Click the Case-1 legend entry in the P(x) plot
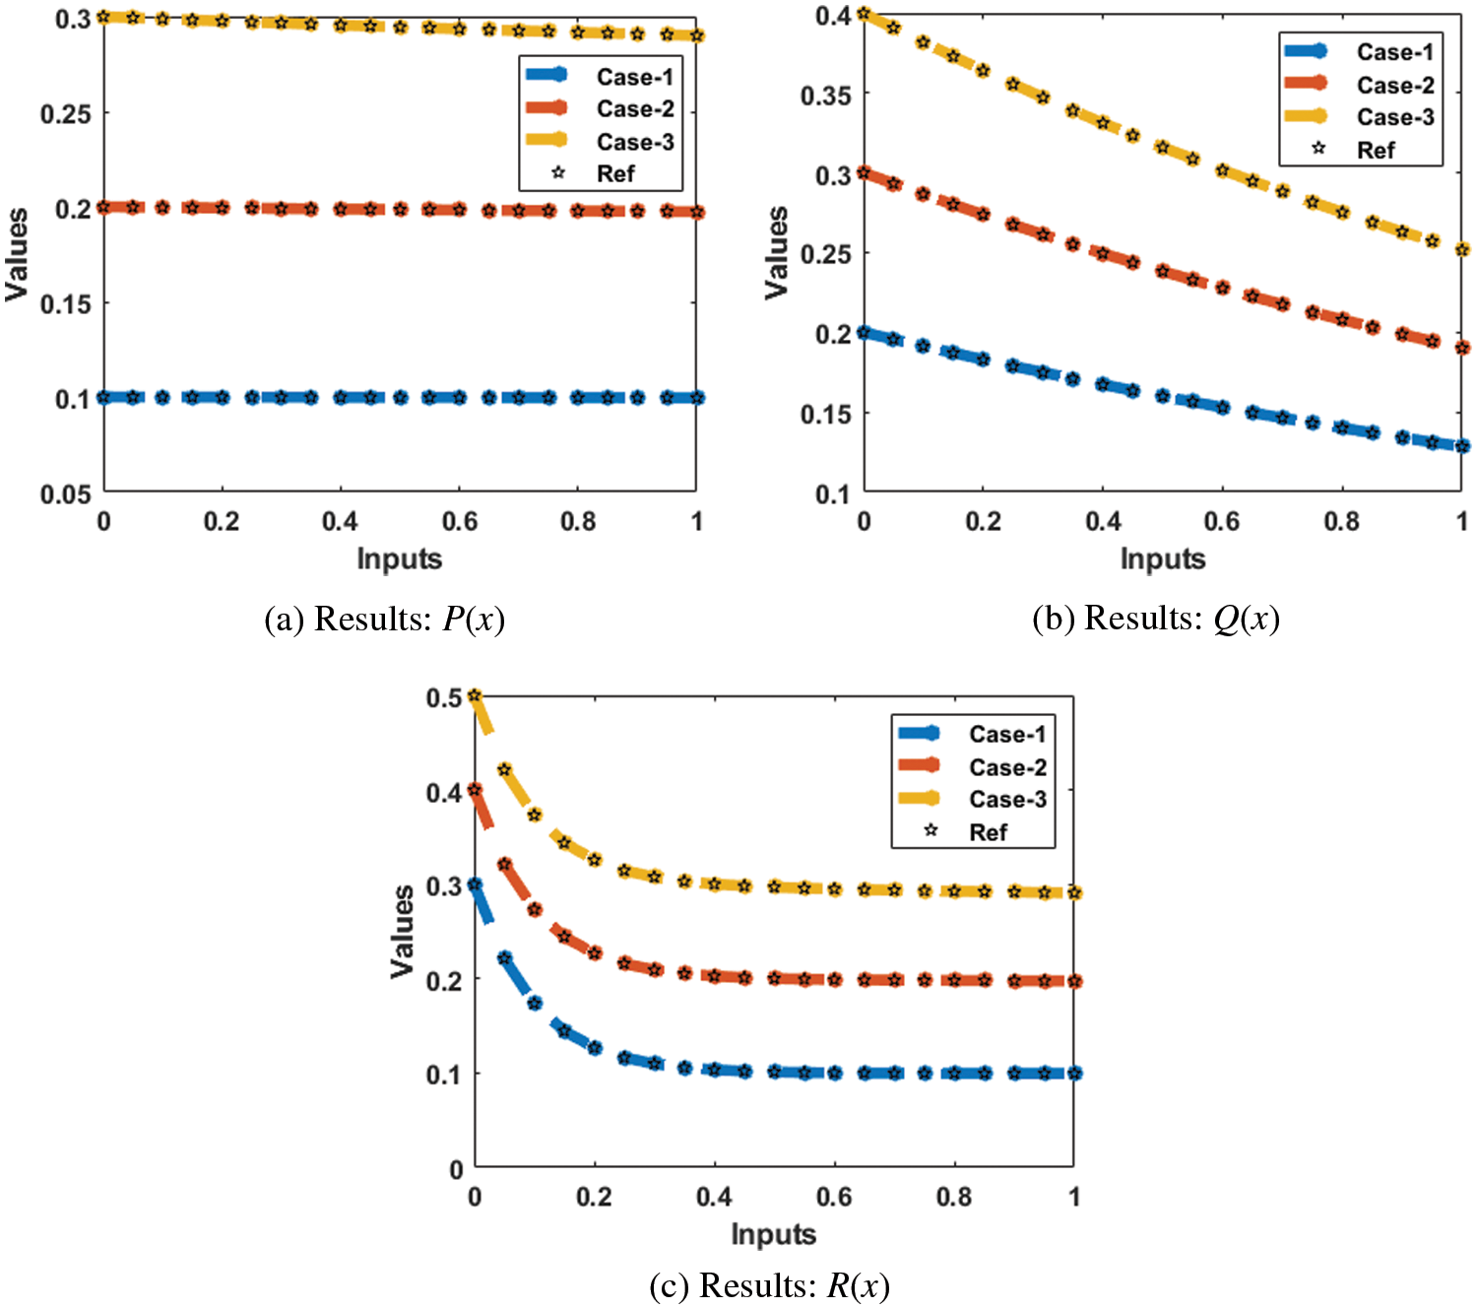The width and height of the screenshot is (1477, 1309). pos(634,77)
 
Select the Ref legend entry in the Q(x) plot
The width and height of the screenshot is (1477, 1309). pos(1375,150)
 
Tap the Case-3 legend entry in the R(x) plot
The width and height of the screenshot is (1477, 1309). pos(1006,799)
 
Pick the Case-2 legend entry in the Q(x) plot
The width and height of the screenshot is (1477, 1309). pos(1394,85)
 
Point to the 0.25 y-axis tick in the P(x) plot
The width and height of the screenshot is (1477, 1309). pos(65,114)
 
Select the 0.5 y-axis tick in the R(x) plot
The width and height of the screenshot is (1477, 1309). pos(443,697)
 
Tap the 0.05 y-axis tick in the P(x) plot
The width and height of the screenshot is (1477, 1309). pos(65,494)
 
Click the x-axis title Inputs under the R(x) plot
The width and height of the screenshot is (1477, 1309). pos(773,1233)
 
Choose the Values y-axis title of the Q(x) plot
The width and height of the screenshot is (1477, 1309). pos(777,252)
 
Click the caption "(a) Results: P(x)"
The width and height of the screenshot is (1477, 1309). pos(384,620)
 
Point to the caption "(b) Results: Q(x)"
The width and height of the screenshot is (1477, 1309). pos(1155,619)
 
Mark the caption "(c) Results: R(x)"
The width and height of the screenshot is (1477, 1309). pos(769,1285)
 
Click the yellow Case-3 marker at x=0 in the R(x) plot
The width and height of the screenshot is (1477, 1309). pos(475,696)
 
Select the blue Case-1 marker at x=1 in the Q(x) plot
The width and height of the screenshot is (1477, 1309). pos(1462,446)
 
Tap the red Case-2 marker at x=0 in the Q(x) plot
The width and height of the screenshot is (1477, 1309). pos(864,173)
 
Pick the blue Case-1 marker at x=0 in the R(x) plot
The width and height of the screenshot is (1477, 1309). pos(475,884)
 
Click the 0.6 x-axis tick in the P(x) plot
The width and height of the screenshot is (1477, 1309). pos(459,521)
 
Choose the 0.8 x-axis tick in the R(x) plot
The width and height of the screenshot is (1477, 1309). pos(954,1197)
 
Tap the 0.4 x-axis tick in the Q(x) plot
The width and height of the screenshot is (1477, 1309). pos(1103,521)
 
